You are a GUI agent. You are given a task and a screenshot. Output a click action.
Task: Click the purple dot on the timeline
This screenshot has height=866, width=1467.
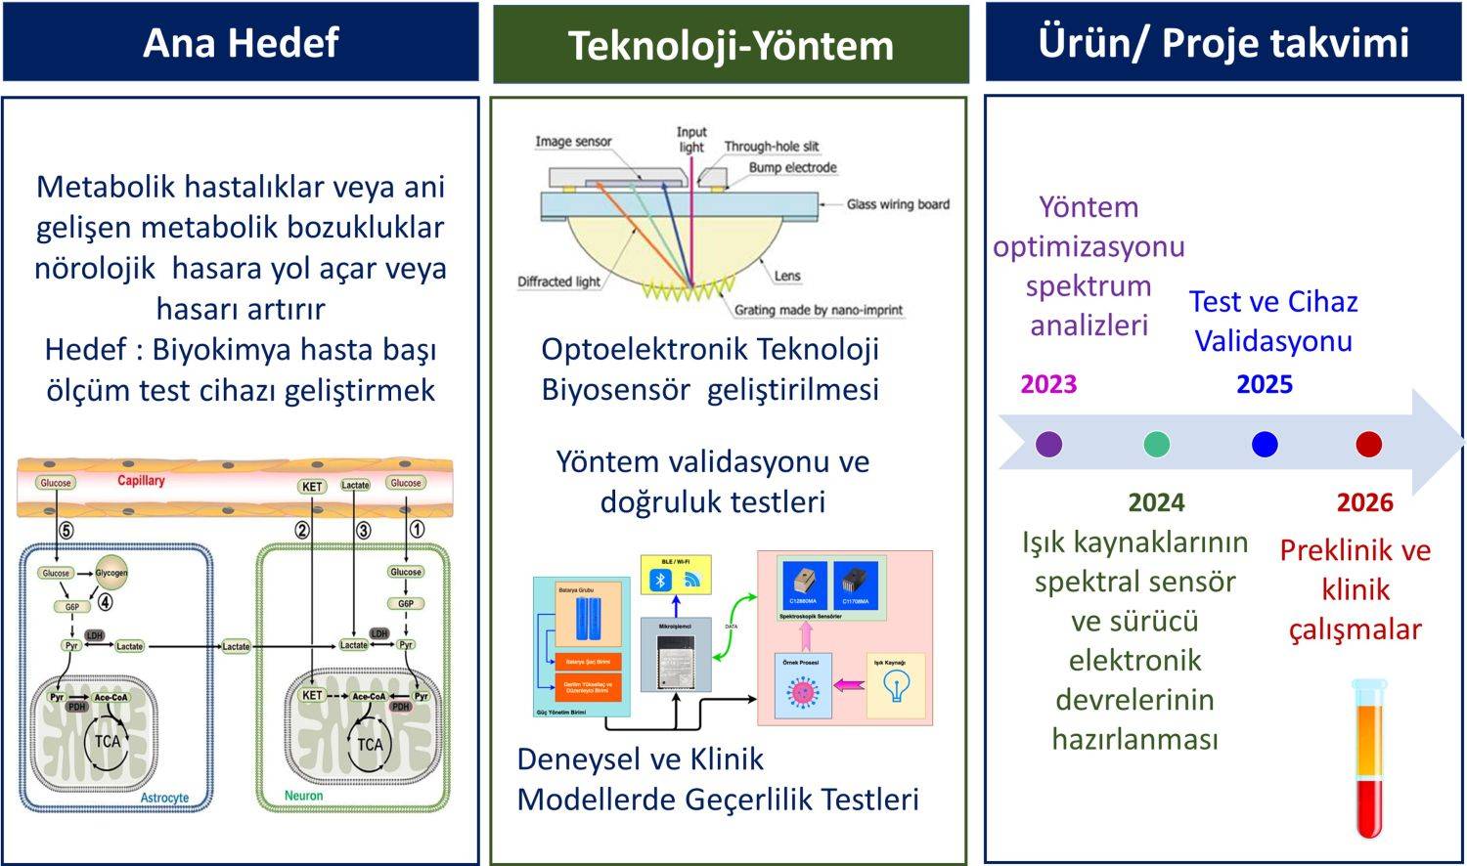click(x=1048, y=445)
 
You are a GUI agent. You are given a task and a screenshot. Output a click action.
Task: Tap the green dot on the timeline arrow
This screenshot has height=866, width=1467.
click(x=1157, y=445)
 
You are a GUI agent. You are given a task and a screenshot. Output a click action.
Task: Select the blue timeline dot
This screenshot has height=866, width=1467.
click(x=1265, y=445)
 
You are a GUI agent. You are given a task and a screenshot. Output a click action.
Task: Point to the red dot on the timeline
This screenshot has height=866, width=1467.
click(x=1368, y=445)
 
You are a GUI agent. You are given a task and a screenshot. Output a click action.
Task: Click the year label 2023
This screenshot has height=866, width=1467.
click(x=1048, y=383)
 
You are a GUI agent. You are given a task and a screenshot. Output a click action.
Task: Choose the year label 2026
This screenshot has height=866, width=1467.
click(x=1364, y=502)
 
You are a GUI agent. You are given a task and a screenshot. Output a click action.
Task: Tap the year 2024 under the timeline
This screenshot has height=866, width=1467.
click(x=1156, y=502)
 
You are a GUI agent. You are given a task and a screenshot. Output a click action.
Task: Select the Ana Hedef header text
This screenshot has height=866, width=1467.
click(x=241, y=43)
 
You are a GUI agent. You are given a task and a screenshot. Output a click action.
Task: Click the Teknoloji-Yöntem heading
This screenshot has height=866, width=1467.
click(x=731, y=46)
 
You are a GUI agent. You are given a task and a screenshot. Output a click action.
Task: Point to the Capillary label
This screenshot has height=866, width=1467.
click(x=141, y=480)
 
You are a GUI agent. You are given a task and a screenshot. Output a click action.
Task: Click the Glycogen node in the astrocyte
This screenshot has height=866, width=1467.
click(x=111, y=573)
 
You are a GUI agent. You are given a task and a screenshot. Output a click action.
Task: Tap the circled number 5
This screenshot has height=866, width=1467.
click(x=66, y=530)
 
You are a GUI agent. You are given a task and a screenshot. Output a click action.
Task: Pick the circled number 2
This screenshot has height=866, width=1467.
click(x=303, y=530)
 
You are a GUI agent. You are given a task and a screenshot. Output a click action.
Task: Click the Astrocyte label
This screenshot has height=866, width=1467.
click(x=164, y=798)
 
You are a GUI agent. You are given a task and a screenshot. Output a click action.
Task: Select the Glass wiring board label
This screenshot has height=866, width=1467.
click(x=898, y=204)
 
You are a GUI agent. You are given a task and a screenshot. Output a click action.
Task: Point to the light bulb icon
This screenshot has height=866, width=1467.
click(x=894, y=686)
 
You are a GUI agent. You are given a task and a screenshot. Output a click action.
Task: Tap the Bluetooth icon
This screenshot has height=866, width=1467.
click(x=661, y=580)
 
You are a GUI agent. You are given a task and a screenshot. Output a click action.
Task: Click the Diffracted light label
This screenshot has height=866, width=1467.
click(x=558, y=281)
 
